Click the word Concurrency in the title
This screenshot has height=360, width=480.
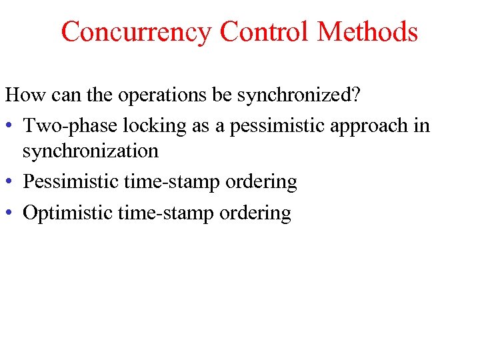[x=136, y=31]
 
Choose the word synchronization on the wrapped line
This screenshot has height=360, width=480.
[x=90, y=151]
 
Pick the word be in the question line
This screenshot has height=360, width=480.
[x=221, y=95]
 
